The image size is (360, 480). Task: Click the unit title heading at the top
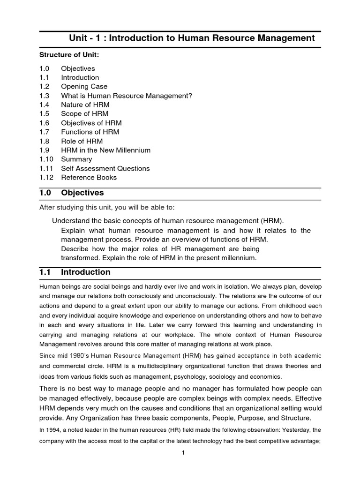(192, 38)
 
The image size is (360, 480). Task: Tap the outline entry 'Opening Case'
(84, 87)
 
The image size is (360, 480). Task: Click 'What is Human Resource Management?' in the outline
(127, 96)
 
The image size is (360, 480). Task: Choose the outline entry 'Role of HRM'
(82, 141)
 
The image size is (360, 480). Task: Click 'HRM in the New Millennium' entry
(105, 150)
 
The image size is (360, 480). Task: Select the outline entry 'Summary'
(76, 159)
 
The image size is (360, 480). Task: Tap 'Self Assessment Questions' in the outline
(105, 168)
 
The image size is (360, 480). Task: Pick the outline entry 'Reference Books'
(89, 177)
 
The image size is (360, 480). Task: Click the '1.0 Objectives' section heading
(72, 193)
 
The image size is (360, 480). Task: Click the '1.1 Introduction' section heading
(75, 272)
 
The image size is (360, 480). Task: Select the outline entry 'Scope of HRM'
(84, 114)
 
